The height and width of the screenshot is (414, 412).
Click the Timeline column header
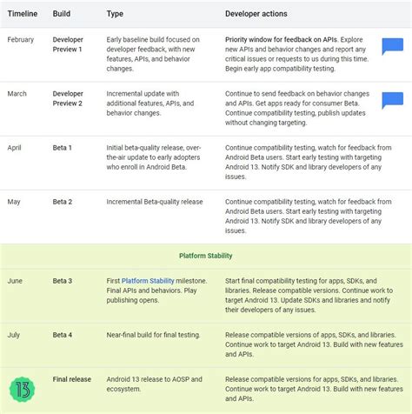(23, 14)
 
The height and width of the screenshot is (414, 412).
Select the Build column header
(63, 14)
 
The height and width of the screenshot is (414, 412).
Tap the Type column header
(116, 14)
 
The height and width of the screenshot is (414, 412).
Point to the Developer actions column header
(256, 14)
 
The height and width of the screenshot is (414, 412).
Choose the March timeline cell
(18, 94)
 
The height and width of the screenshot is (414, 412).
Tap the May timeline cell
(15, 202)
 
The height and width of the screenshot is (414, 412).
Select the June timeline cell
(16, 281)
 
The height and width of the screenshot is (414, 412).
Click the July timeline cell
(15, 335)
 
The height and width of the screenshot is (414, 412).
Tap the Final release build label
(72, 379)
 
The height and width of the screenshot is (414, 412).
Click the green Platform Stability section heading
(205, 257)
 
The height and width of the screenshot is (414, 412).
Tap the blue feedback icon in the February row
(392, 47)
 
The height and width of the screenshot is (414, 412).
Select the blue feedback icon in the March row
(392, 100)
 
